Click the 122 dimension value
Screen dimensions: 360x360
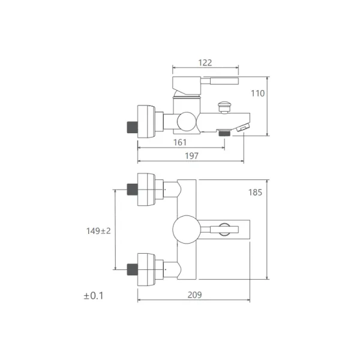[205, 62]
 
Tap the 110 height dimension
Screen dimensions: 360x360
[257, 94]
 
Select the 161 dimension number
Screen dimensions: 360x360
[180, 142]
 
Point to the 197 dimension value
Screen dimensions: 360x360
[191, 156]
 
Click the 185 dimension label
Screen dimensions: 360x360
[255, 193]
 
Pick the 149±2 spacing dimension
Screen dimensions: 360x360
[98, 231]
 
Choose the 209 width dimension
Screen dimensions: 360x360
[194, 295]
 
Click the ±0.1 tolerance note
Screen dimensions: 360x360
[94, 296]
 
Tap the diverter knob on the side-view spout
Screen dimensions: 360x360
[224, 107]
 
